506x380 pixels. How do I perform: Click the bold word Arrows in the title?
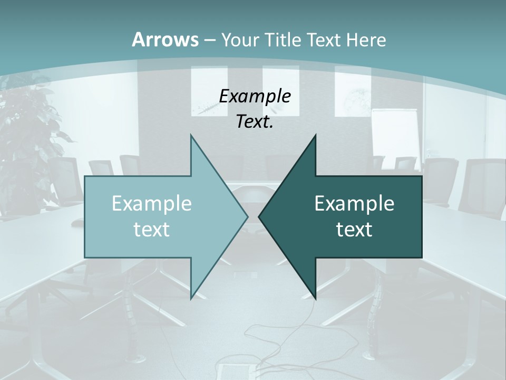click(x=165, y=40)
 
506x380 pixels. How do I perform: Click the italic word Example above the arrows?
click(x=255, y=96)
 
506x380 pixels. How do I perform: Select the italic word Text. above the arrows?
click(x=255, y=121)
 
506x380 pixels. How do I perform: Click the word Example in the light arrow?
click(x=151, y=203)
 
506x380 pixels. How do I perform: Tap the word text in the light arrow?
click(x=151, y=230)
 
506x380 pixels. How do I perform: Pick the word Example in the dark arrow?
click(x=354, y=203)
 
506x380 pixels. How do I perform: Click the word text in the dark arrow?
click(x=354, y=230)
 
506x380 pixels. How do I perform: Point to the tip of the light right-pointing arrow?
click(x=248, y=216)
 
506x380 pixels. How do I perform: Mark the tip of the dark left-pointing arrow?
click(x=259, y=216)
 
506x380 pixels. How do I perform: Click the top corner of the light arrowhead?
click(x=191, y=135)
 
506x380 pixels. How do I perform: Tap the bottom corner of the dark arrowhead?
click(x=315, y=299)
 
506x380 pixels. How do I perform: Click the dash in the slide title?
click(x=209, y=40)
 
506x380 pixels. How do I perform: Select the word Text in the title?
click(x=324, y=40)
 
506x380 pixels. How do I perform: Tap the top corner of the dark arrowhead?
click(x=315, y=135)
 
